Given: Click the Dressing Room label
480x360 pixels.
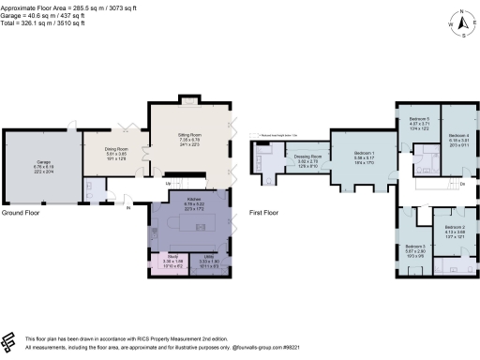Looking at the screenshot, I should pos(308,157).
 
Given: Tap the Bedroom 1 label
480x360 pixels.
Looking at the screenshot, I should pos(365,155).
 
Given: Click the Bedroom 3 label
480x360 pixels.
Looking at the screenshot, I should pos(416,247).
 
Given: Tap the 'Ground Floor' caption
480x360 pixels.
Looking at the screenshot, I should pos(20,214).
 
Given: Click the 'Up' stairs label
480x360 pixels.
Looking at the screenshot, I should pos(169,183).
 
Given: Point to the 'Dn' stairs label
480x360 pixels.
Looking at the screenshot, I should pos(462,185).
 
